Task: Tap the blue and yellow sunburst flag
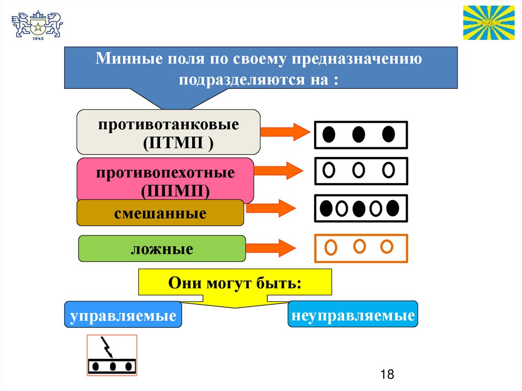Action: coord(488,23)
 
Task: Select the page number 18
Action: coord(387,375)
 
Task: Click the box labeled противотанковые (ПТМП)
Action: coord(168,132)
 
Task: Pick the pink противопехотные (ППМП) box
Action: coord(165,179)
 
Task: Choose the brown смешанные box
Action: coord(160,213)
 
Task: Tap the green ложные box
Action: coord(162,249)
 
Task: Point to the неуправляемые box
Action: coord(353,315)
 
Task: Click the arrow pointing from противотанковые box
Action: coord(285,132)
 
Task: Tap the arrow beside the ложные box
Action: coord(271,249)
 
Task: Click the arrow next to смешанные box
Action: coord(271,207)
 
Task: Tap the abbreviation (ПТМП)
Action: coord(178,143)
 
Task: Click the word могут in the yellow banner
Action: coord(228,283)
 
